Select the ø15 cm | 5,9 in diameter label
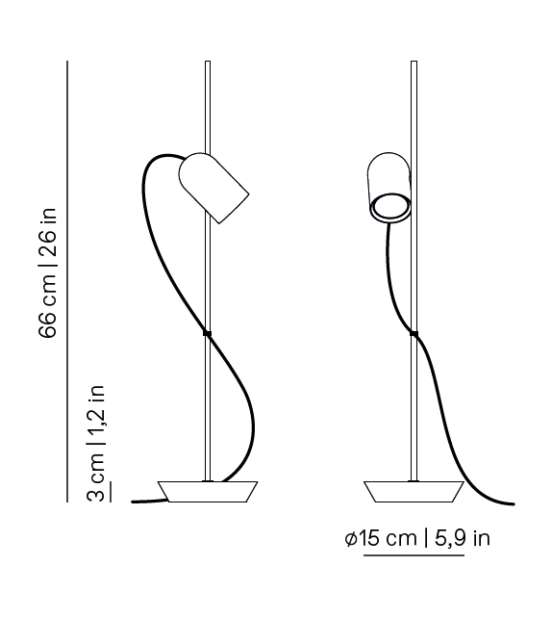coord(416,538)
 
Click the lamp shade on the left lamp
coord(214,187)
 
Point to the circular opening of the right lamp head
coord(391,205)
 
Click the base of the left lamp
coord(209,491)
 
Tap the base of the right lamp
coord(414,491)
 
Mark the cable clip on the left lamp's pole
coord(207,333)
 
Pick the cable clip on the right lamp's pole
coord(414,334)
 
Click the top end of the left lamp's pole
coord(208,64)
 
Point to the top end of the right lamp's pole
coord(414,64)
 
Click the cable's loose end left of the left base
coord(134,501)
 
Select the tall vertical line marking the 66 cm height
coord(68,279)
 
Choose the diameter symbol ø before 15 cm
coord(350,539)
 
